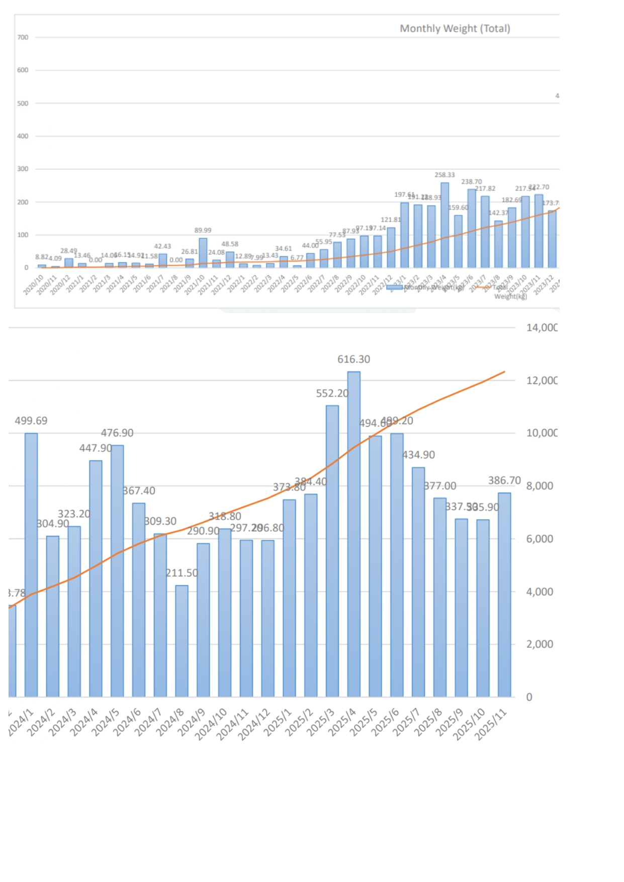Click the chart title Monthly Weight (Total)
pos(455,29)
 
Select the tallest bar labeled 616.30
pos(353,533)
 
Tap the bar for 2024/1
pos(31,563)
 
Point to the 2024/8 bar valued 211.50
pos(182,641)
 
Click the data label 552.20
pos(332,394)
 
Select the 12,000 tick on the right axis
pos(541,380)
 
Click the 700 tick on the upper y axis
pos(23,37)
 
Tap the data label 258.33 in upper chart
pos(444,175)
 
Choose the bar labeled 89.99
pos(203,253)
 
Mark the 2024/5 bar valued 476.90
pos(117,570)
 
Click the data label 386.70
pos(504,480)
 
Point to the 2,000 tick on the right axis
pos(540,644)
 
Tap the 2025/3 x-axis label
pos(320,723)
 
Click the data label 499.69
pos(31,421)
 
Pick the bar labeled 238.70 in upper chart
pos(472,228)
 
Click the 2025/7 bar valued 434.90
pos(418,581)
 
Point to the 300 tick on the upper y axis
pos(23,169)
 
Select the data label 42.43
pos(162,246)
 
